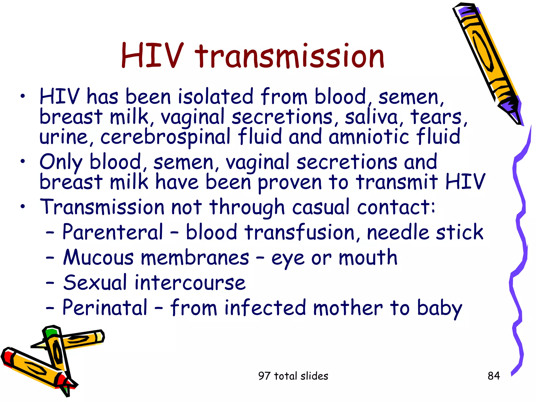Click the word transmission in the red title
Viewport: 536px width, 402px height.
coord(289,56)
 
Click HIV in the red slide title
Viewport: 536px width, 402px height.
coord(152,56)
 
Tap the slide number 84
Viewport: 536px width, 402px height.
coord(494,376)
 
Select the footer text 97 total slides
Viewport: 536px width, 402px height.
coord(293,376)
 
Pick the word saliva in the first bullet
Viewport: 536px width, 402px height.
coord(371,117)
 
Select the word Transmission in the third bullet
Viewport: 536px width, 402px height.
coord(102,207)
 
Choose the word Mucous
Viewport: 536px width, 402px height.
coord(98,258)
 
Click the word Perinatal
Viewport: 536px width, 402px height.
coord(105,308)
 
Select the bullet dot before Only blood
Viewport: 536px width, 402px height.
coord(23,161)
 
